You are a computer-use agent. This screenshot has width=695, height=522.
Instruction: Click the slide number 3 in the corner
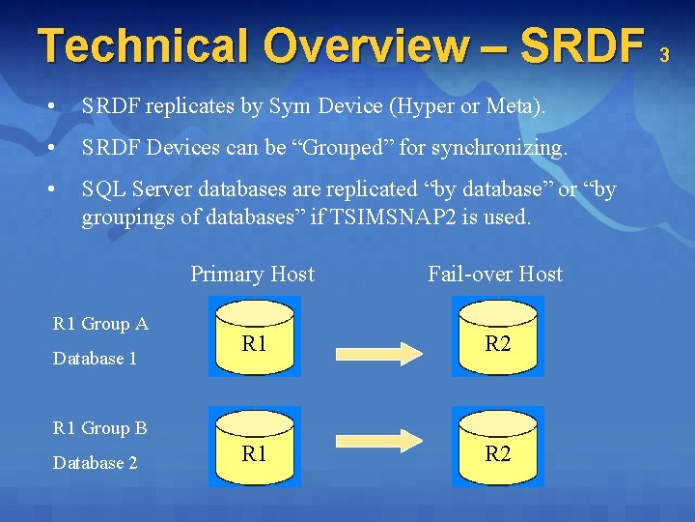[664, 56]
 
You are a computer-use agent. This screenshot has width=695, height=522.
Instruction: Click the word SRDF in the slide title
[583, 45]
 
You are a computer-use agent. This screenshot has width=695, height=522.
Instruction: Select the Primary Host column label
[253, 275]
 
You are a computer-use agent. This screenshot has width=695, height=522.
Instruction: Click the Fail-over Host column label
[495, 275]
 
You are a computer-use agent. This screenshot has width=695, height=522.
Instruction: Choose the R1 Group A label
[100, 324]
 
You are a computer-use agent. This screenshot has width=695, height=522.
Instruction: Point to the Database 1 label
[96, 359]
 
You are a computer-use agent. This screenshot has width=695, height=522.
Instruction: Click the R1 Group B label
[100, 428]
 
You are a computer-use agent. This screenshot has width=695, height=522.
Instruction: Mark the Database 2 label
[96, 463]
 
